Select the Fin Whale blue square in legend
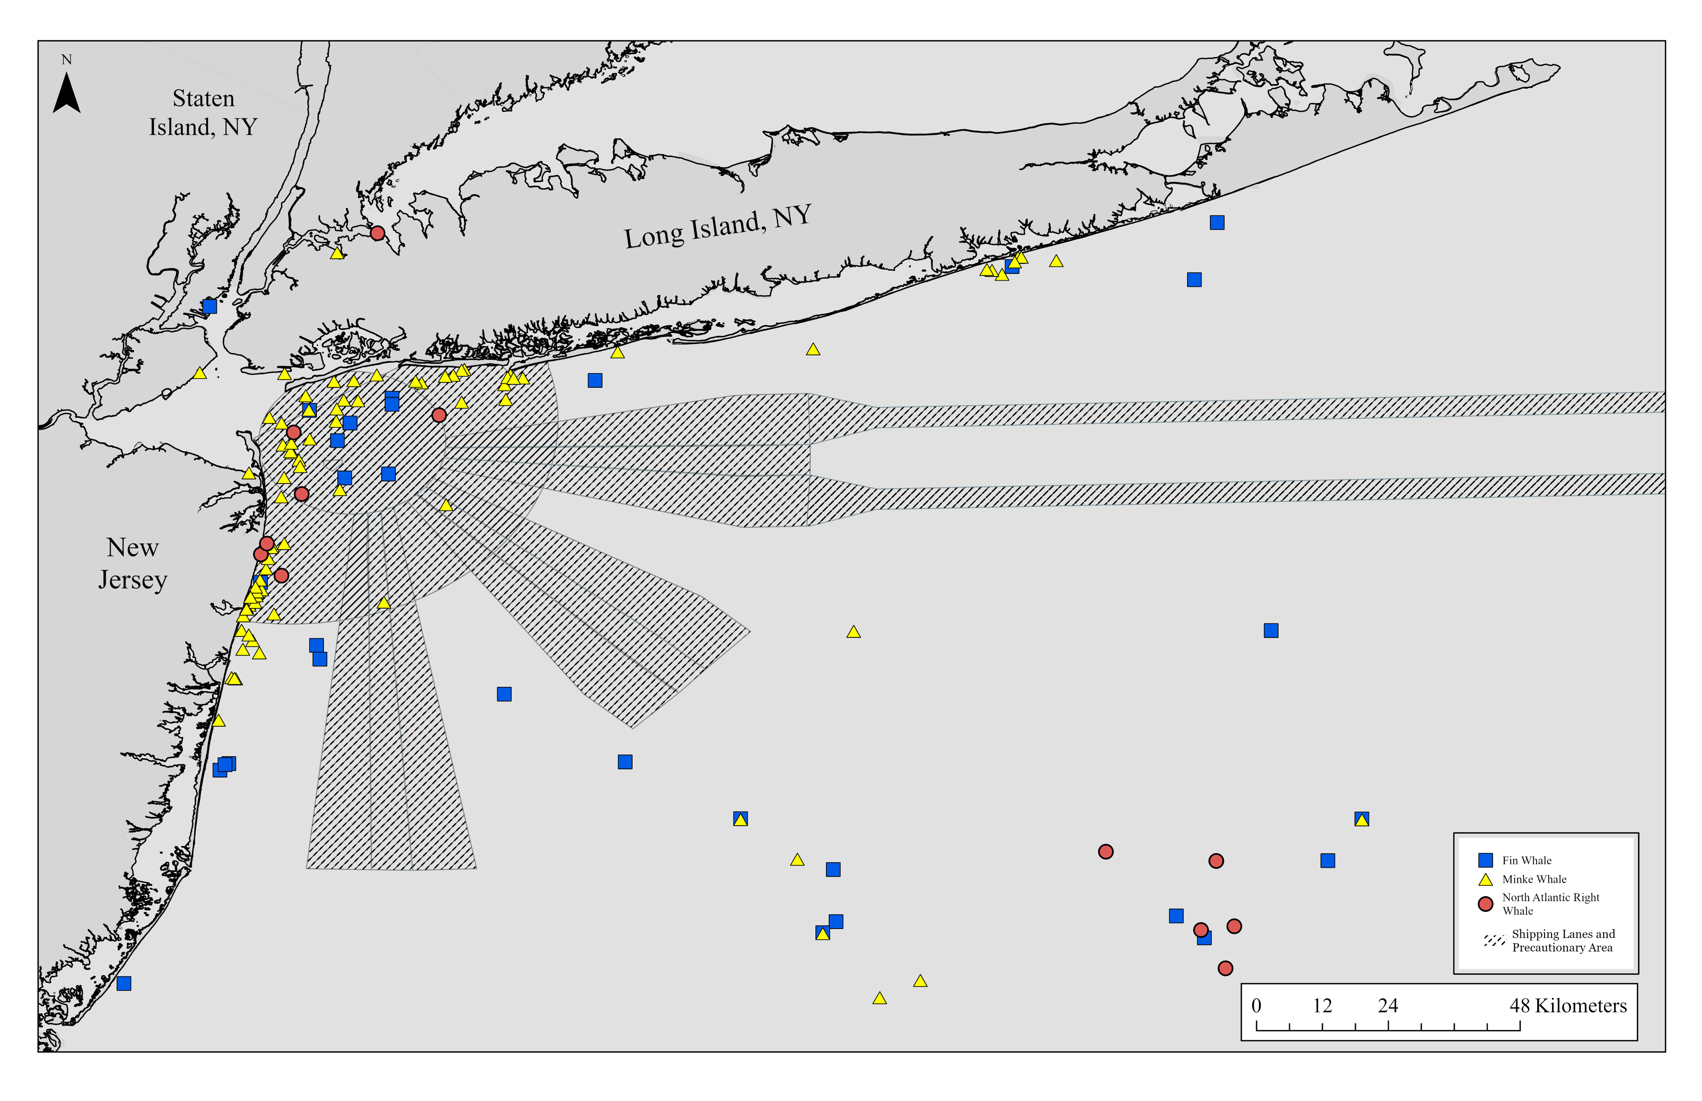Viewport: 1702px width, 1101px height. click(1485, 860)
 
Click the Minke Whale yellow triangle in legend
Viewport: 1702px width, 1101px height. click(1485, 879)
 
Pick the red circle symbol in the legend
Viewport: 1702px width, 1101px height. click(1485, 904)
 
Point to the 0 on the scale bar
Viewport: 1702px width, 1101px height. click(1256, 1006)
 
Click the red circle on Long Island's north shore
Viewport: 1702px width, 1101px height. click(378, 233)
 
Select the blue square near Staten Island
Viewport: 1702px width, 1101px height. click(210, 306)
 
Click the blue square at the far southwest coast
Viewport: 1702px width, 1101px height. click(124, 983)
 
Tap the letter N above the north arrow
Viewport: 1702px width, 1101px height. click(66, 60)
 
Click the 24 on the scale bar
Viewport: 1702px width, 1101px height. click(1387, 1006)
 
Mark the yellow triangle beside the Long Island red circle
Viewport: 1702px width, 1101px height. click(337, 252)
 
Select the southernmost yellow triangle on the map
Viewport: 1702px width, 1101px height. click(879, 998)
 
